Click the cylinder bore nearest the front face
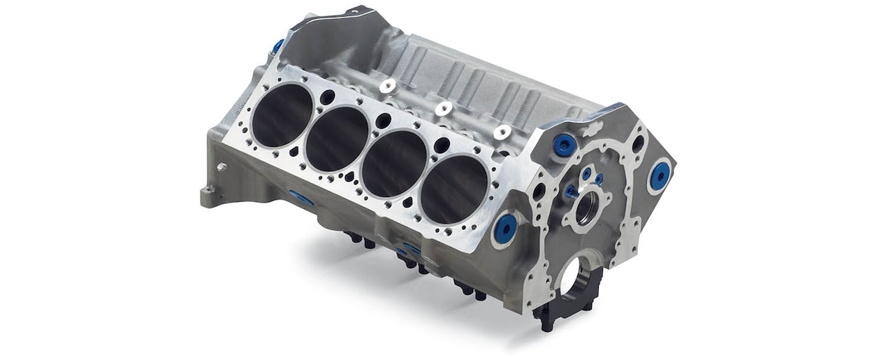coord(454,185)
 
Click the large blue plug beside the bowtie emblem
coord(565,145)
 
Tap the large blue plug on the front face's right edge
coord(659,175)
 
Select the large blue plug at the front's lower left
coord(505,228)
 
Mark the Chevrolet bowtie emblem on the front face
coord(591,130)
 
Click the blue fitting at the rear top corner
coord(278,46)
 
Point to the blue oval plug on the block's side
coord(302,199)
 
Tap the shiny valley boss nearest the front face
coord(502,131)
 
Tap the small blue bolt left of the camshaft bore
coord(571,191)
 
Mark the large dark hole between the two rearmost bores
coord(327,97)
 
